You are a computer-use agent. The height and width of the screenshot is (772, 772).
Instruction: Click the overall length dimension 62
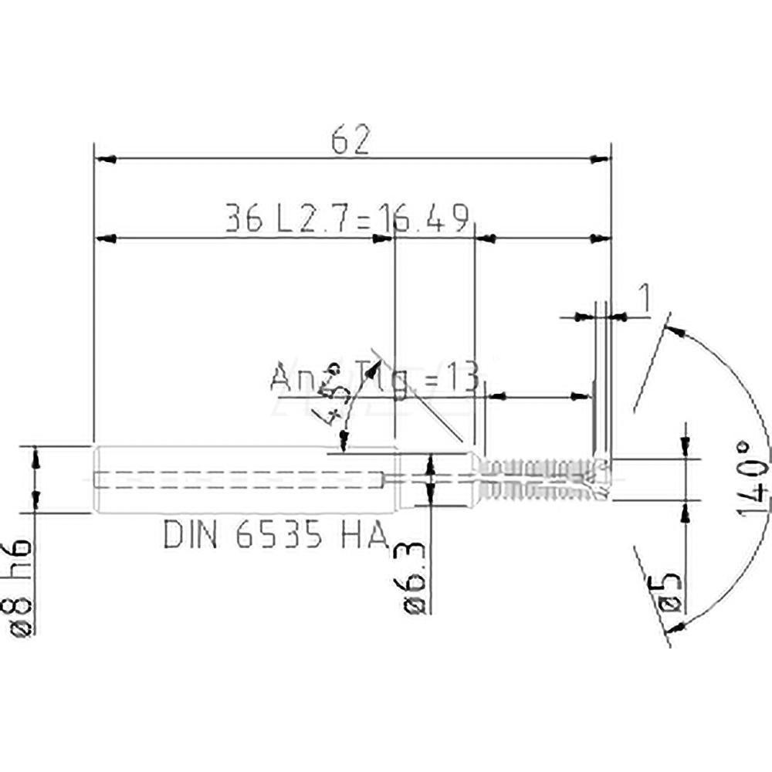[351, 141]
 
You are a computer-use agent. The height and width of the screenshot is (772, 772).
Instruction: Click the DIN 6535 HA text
[275, 534]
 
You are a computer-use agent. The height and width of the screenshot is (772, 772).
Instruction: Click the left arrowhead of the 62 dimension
[104, 160]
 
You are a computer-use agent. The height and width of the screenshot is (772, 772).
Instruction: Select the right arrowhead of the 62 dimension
[600, 160]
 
